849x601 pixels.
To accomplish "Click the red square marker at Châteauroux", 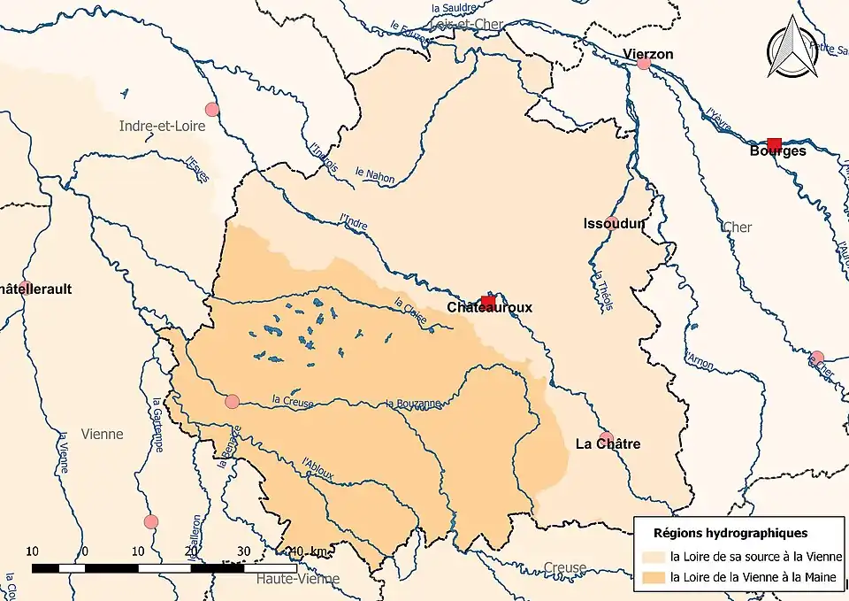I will coord(487,303).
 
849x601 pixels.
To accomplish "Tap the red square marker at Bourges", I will coord(774,144).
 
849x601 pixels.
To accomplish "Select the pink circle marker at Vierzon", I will coord(644,62).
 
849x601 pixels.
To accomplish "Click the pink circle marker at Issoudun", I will coord(611,221).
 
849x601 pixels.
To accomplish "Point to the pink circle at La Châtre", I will coord(607,438).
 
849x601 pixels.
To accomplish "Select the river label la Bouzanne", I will coord(413,404).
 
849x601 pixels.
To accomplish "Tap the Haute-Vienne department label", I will coord(298,579).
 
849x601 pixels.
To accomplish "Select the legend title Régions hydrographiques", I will coord(730,534).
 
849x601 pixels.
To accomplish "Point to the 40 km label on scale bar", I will coord(312,551).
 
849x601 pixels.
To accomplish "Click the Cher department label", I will coord(737,227).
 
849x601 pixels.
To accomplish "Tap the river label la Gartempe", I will coord(157,424).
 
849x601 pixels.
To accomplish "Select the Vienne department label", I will coord(102,435).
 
